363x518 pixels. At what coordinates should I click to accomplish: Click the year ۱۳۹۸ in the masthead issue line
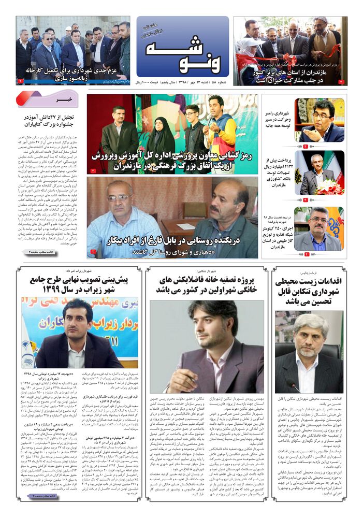coord(169,82)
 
